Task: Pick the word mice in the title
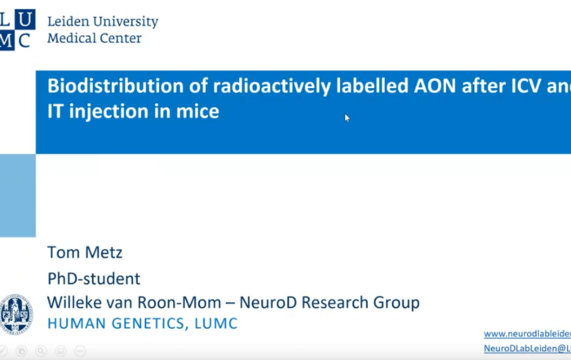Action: [x=198, y=111]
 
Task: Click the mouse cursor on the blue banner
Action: [x=347, y=118]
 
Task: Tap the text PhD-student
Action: [x=94, y=278]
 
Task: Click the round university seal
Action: [x=16, y=314]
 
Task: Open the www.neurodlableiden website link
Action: [x=527, y=334]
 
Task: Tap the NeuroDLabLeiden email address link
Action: [x=527, y=349]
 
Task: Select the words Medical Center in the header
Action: [x=95, y=38]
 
